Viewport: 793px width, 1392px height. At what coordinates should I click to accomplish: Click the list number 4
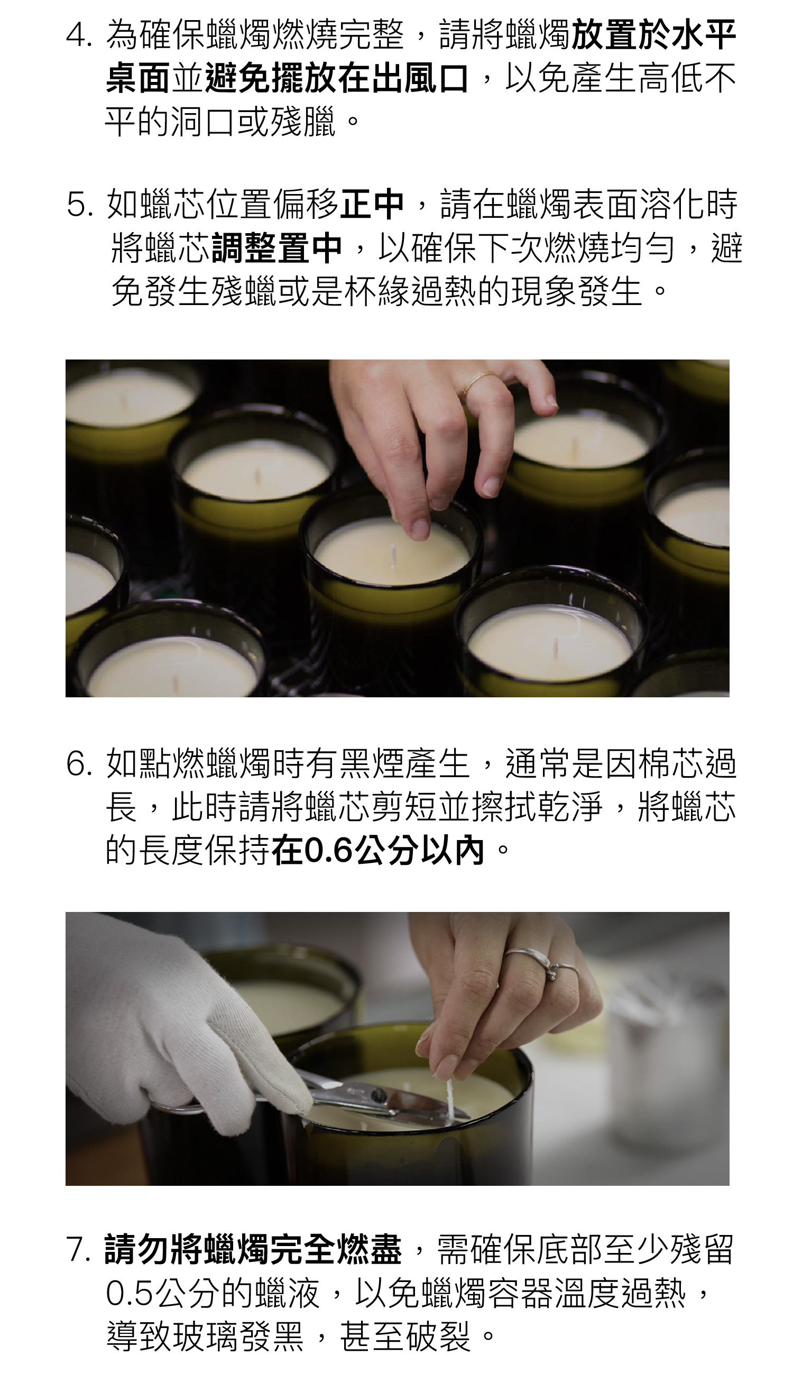coord(78,35)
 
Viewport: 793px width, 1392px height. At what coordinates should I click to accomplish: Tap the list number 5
coord(78,205)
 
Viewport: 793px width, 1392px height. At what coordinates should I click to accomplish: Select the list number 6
coord(78,763)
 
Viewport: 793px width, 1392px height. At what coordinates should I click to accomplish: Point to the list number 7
coord(78,1249)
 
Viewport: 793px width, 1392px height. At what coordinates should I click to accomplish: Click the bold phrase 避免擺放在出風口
coord(337,78)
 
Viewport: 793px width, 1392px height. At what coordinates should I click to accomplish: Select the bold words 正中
coord(372,204)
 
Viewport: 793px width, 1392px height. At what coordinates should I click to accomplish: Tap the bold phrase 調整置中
coord(276,247)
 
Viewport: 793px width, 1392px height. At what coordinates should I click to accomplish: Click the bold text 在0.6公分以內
coord(378,850)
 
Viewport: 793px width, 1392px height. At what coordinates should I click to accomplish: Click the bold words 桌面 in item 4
coord(139,78)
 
